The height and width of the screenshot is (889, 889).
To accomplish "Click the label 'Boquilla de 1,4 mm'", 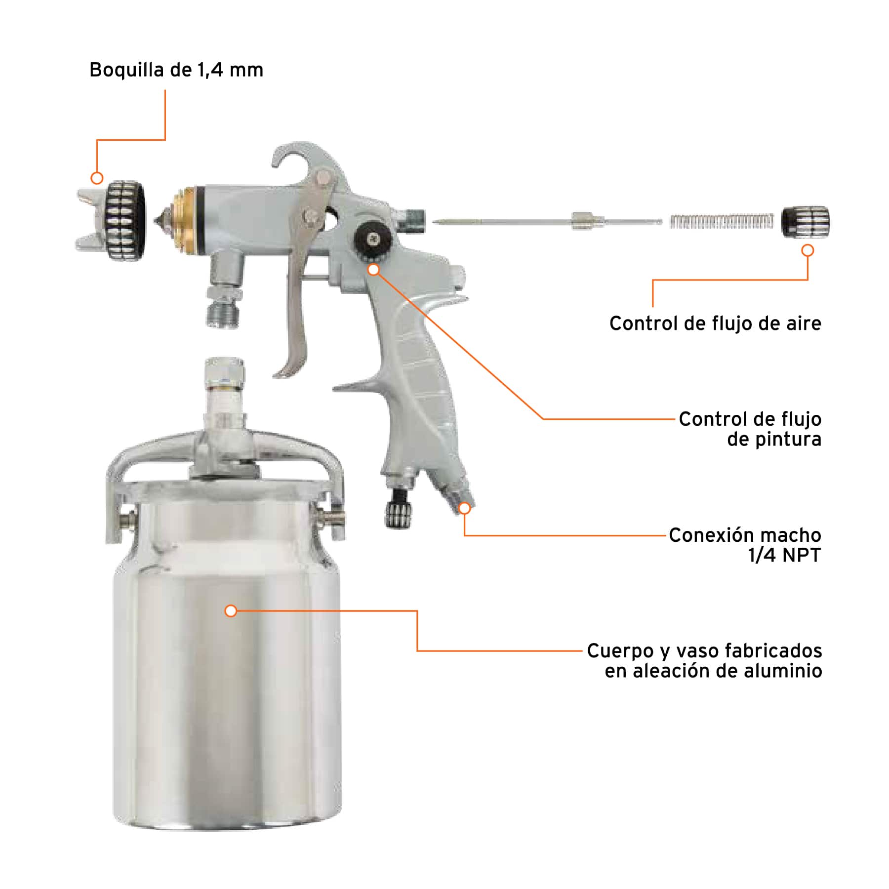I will (x=176, y=70).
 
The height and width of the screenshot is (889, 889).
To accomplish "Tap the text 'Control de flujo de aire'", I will (x=715, y=323).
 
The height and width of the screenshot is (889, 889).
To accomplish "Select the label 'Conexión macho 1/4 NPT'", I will (x=745, y=545).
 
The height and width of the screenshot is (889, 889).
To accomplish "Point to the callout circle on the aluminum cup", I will (x=231, y=611).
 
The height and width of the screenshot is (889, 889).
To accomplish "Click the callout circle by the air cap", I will (x=97, y=178).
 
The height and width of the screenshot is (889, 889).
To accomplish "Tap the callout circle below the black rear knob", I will (x=808, y=250).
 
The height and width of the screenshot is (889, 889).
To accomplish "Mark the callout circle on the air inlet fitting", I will (x=465, y=508).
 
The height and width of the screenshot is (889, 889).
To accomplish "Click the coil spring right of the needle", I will (x=721, y=222).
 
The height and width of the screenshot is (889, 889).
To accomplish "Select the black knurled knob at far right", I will (x=805, y=222).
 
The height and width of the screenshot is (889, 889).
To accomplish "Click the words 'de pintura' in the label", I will (x=773, y=439).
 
